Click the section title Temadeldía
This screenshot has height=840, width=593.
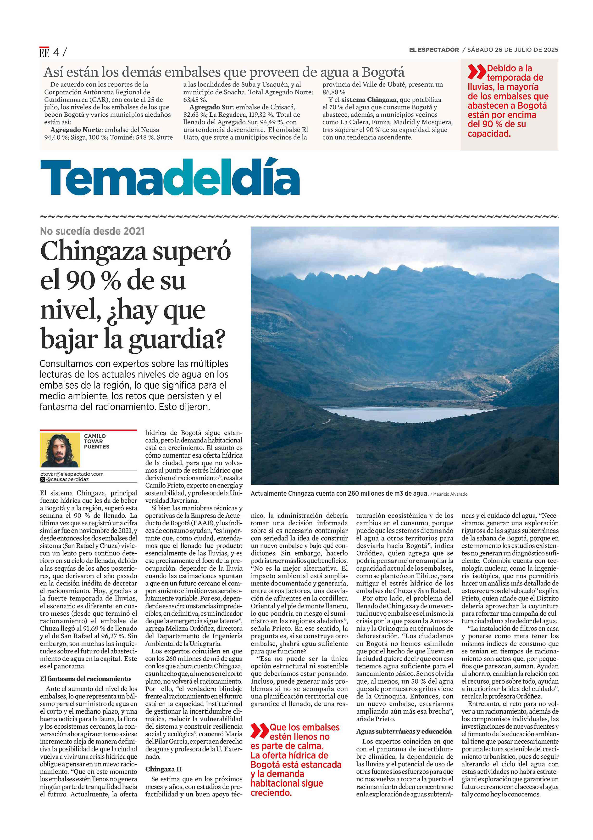point(170,177)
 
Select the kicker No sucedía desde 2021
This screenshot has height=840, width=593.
point(92,231)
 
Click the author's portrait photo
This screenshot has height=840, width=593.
point(60,450)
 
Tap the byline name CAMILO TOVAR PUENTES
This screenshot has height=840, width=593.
point(96,441)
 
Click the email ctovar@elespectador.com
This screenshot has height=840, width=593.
point(72,474)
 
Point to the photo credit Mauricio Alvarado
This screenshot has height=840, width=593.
point(450,494)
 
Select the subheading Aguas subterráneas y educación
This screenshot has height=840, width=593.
point(404,731)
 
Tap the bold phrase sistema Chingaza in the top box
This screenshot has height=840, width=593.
point(369,100)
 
